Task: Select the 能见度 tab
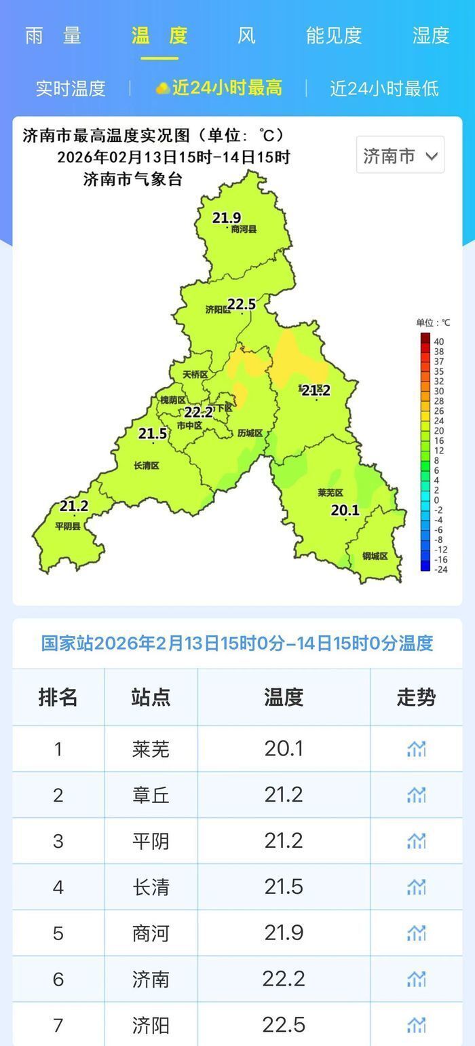tap(333, 35)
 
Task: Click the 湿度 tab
tap(431, 35)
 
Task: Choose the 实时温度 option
tap(71, 88)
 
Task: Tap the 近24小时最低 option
tap(384, 88)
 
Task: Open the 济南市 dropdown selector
tap(400, 155)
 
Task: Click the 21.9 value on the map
tap(227, 218)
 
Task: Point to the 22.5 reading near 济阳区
tap(241, 305)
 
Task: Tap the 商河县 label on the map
tap(244, 229)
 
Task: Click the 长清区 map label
tap(147, 466)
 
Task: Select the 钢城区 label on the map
tap(375, 556)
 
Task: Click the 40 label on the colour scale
tap(439, 341)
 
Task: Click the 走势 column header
tap(416, 697)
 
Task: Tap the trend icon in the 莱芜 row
tap(416, 749)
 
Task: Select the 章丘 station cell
tap(151, 795)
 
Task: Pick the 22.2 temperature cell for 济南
tap(284, 979)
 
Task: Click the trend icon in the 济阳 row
tap(416, 1024)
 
